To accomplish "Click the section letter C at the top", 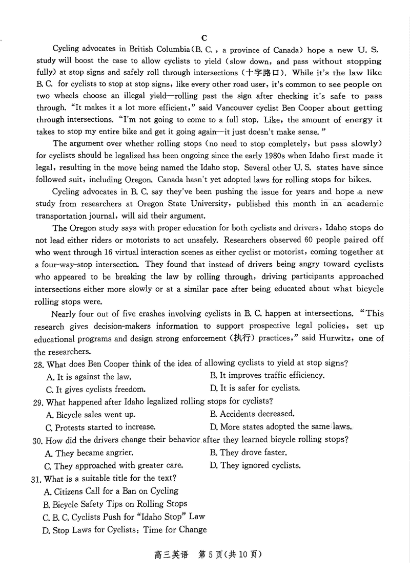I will [x=204, y=38].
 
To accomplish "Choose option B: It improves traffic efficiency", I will [x=266, y=375].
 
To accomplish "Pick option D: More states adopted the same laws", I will [x=280, y=426].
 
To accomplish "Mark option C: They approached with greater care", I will [x=113, y=465].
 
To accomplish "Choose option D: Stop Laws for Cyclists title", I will [x=125, y=530].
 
